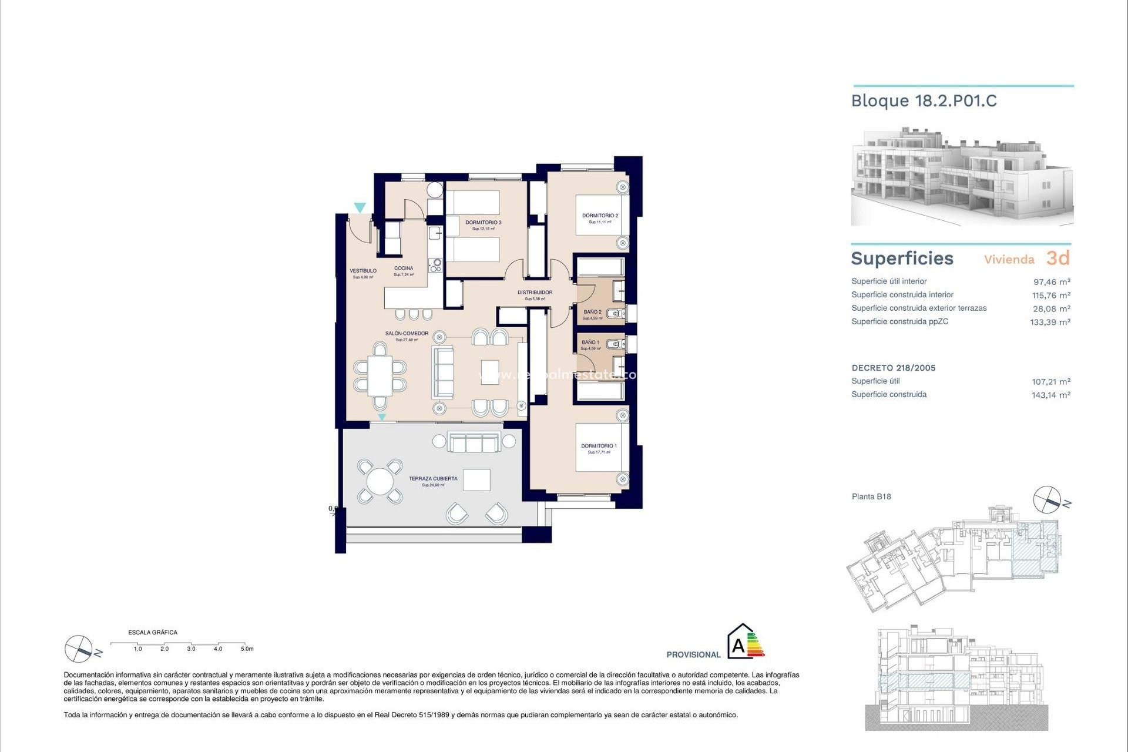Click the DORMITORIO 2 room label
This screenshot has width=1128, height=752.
(x=600, y=216)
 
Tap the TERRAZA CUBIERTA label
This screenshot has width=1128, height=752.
(x=433, y=479)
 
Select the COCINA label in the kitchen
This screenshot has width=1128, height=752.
(x=404, y=268)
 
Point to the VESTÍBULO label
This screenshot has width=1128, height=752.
(x=363, y=271)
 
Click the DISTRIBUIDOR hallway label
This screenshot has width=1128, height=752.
(x=535, y=293)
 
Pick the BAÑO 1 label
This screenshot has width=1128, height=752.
(x=590, y=343)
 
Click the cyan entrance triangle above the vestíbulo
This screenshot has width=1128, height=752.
(x=360, y=207)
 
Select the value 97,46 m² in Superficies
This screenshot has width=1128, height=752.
(x=1051, y=282)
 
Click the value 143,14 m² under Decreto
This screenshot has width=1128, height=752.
(x=1050, y=395)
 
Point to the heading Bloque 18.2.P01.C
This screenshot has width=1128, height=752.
(x=924, y=101)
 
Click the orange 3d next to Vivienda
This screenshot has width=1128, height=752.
(x=1057, y=258)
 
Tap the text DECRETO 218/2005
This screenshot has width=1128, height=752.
(x=893, y=368)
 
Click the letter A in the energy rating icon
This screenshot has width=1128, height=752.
(x=738, y=647)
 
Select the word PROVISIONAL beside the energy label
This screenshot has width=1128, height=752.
(x=693, y=654)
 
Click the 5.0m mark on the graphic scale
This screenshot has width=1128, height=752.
(x=247, y=649)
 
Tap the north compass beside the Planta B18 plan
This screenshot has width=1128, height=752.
(x=1048, y=500)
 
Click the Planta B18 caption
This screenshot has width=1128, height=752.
(x=871, y=497)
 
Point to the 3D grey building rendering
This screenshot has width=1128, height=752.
(x=962, y=176)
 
